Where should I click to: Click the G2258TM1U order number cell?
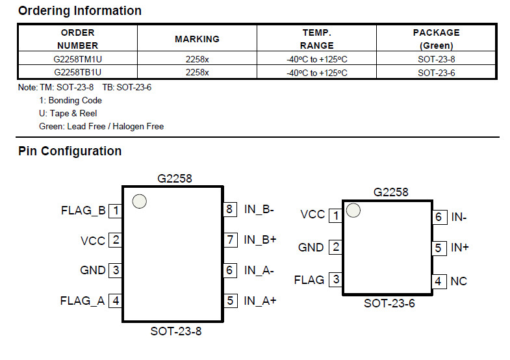point(78,59)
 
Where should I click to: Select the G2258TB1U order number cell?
point(78,72)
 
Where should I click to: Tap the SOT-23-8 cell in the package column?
point(436,59)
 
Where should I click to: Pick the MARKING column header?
point(197,39)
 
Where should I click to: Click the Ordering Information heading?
point(80,11)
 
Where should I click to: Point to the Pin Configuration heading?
point(70,151)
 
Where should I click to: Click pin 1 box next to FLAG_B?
point(116,211)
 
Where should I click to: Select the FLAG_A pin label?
point(83,301)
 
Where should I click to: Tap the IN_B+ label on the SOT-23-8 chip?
point(261,240)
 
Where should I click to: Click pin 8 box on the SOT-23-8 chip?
point(229,209)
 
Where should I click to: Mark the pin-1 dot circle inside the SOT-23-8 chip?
point(140,201)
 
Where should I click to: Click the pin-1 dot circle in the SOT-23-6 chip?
point(353,211)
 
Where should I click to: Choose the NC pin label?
point(459,281)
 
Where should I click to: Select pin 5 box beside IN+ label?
point(439,248)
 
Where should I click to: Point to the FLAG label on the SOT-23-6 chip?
point(309,280)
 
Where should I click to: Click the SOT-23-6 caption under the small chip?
point(389,303)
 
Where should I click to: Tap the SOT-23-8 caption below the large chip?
point(176,331)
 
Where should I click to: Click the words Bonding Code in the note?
point(75,101)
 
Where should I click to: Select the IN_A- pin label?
point(259,270)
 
